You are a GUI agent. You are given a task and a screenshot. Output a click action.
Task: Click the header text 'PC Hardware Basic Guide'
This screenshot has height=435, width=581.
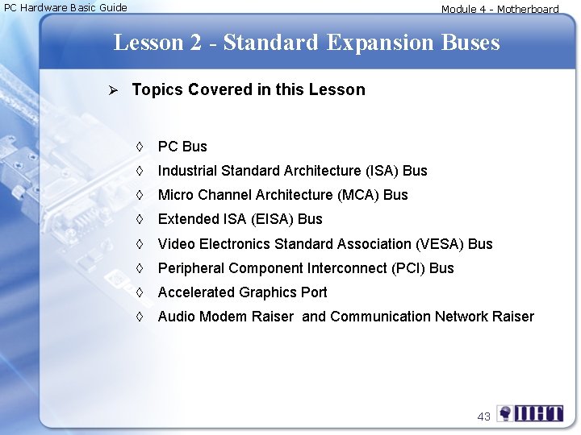point(66,8)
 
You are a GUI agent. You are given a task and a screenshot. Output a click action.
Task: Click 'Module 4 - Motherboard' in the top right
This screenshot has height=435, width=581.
point(499,10)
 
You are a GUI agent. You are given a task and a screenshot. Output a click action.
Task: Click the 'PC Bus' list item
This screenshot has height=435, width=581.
point(182,147)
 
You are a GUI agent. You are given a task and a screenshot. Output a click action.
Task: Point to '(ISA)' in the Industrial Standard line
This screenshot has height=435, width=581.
point(381,171)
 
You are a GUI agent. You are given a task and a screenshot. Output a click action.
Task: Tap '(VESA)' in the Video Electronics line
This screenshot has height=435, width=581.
point(441,244)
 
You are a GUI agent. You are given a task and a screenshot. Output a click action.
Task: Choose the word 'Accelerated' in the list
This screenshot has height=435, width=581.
point(196,292)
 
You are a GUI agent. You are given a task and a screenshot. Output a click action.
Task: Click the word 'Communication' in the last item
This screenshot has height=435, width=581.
point(380,317)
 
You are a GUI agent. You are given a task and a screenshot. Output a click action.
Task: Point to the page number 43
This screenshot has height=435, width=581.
point(483,416)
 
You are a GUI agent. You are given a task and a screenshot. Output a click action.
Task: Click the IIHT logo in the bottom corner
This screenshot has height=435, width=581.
point(530,414)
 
